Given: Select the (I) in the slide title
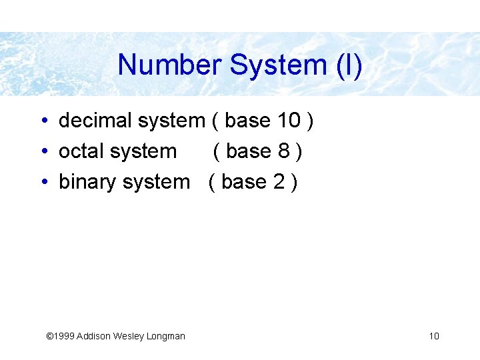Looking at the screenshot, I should pyautogui.click(x=348, y=65).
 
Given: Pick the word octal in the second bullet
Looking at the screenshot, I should pyautogui.click(x=81, y=151).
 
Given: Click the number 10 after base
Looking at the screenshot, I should pyautogui.click(x=289, y=121).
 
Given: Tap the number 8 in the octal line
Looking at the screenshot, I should pyautogui.click(x=284, y=151).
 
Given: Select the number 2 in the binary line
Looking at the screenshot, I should pyautogui.click(x=279, y=181).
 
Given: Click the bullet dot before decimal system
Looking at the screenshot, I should pyautogui.click(x=42, y=121).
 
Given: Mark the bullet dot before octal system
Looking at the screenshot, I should pyautogui.click(x=42, y=152).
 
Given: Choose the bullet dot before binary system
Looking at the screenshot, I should pyautogui.click(x=42, y=182).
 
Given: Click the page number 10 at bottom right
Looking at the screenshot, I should pyautogui.click(x=434, y=336).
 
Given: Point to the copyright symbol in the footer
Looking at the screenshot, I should pyautogui.click(x=49, y=336).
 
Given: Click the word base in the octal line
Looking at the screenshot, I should pyautogui.click(x=249, y=151).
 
